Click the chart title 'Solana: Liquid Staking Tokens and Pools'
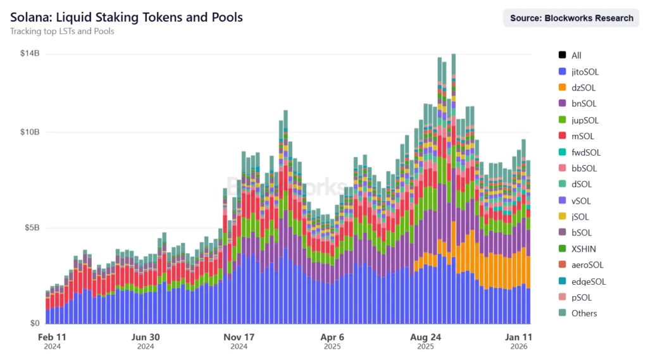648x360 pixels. (x=127, y=17)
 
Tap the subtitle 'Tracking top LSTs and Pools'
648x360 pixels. (x=62, y=32)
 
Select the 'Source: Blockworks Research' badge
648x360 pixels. (x=571, y=18)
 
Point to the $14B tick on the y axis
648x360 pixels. (x=30, y=54)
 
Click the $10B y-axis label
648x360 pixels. (x=30, y=132)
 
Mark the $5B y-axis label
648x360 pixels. (x=32, y=228)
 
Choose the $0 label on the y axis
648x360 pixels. (x=35, y=323)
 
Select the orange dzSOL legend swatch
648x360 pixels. (x=562, y=88)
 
